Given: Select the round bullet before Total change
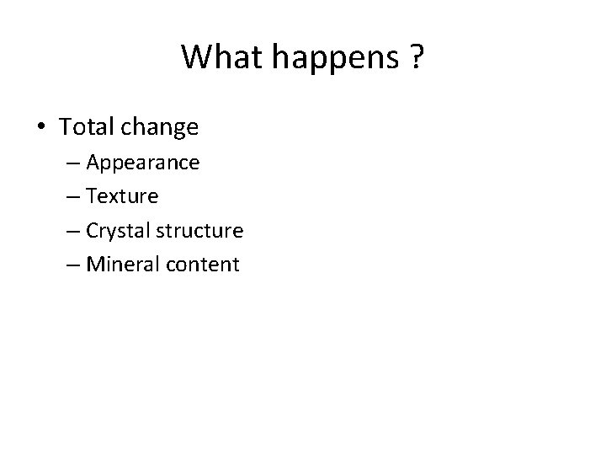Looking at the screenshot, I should tap(42, 128).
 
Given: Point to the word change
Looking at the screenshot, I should tap(159, 128).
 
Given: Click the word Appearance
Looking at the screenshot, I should tap(142, 163).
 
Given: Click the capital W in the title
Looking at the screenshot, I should tap(194, 56).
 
